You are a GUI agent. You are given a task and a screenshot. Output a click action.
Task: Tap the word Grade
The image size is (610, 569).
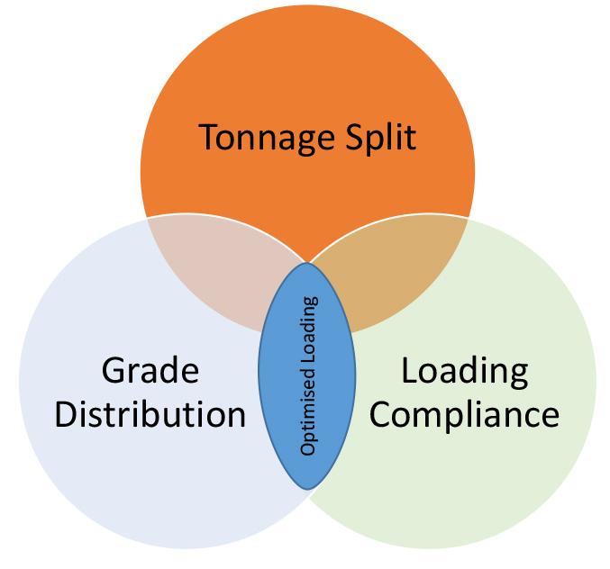click(x=150, y=370)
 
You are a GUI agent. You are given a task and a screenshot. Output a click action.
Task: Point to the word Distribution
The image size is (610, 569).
click(x=150, y=415)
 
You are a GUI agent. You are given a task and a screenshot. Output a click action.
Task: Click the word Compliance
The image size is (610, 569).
click(x=464, y=415)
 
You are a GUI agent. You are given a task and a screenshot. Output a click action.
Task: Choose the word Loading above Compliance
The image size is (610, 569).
click(x=464, y=370)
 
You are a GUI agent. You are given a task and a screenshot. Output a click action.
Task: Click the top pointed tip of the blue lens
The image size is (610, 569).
click(x=307, y=264)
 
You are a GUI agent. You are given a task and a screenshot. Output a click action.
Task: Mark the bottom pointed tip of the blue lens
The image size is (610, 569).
click(x=307, y=488)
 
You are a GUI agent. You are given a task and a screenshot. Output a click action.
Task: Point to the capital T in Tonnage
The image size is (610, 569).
click(x=207, y=138)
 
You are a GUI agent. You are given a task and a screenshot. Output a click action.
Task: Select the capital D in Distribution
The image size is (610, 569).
click(x=67, y=415)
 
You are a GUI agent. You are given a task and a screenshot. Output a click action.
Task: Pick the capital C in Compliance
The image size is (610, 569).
click(x=383, y=415)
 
